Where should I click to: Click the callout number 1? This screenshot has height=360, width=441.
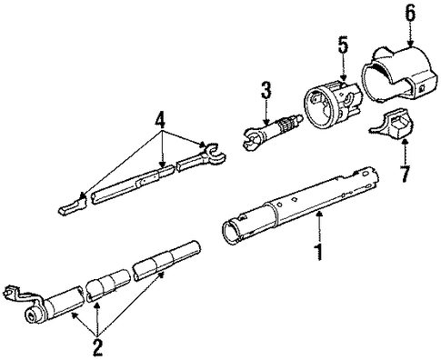[x=318, y=252]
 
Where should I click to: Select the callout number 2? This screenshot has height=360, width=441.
[x=97, y=348]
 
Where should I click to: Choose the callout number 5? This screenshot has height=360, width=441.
[x=343, y=45]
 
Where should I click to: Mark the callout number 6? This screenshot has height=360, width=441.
[x=409, y=12]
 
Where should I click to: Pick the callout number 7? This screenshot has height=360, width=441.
[x=405, y=174]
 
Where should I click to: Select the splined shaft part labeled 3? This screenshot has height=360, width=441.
[x=272, y=133]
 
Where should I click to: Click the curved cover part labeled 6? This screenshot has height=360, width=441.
[x=398, y=75]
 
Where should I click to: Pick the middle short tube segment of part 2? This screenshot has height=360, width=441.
[x=108, y=285]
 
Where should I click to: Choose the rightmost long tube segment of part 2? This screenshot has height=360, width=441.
[x=166, y=260]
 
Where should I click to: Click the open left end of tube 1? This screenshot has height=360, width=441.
[x=232, y=232]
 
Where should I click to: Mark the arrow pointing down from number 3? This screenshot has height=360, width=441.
[x=266, y=113]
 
